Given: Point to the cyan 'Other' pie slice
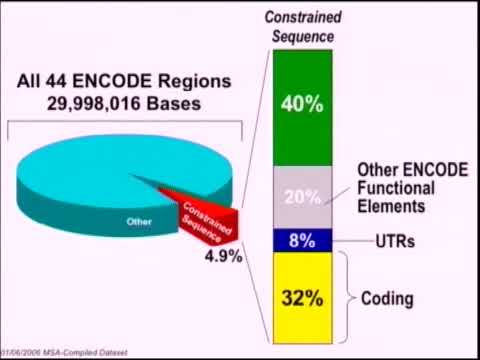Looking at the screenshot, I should tap(90, 185).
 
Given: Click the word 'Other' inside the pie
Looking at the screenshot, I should tap(131, 220).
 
